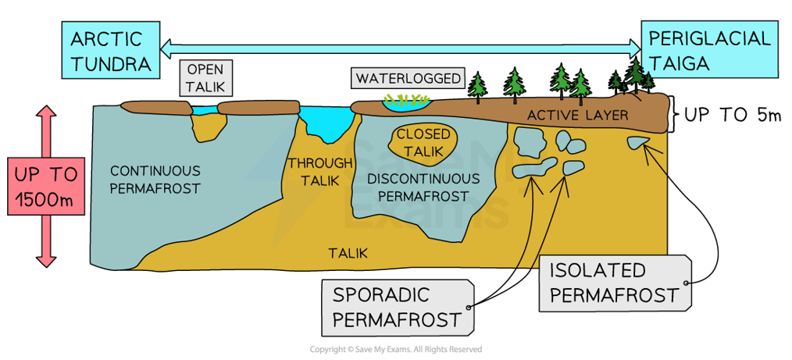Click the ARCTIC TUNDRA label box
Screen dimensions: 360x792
point(109,51)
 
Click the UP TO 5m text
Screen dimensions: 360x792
point(732,116)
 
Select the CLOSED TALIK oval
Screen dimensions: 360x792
point(425,141)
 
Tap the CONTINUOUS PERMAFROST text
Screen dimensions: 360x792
point(155,179)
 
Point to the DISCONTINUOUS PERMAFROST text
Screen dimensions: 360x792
point(422,187)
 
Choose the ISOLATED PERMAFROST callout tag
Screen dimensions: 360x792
point(612,283)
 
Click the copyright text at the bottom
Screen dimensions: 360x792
point(395,349)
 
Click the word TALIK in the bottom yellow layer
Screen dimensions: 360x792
point(348,253)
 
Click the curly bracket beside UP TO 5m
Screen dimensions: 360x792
point(674,116)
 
